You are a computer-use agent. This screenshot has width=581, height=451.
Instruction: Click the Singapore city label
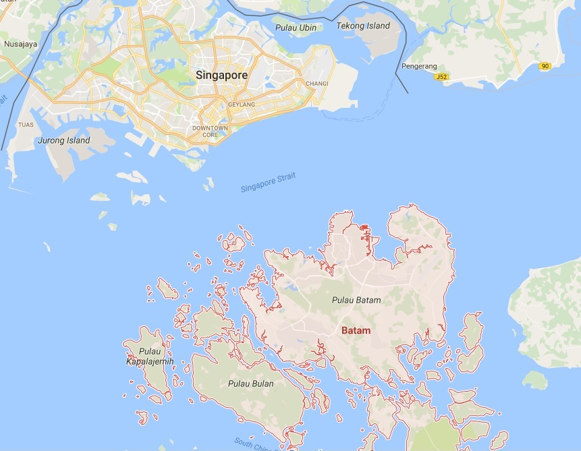pos(221,76)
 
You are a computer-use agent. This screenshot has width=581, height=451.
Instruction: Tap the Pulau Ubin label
pos(296,28)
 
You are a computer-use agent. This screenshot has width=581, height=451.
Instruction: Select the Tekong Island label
pos(363,26)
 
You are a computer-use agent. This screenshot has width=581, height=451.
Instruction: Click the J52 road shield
pos(442,77)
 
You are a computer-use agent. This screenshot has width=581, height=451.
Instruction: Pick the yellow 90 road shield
pos(545,66)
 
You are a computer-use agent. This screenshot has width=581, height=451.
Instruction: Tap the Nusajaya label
pos(20,44)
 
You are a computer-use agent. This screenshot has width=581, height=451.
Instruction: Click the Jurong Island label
pos(65,141)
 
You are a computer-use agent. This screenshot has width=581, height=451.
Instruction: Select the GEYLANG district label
pos(241,105)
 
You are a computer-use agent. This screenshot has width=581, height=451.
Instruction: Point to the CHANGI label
pos(316,84)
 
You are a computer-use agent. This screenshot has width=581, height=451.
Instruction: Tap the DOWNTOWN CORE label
pos(210,131)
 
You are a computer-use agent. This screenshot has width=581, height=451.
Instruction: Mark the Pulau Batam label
pos(356,300)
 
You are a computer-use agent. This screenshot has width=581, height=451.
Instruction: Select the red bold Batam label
pos(356,330)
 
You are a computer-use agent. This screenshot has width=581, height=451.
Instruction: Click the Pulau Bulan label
pos(250,384)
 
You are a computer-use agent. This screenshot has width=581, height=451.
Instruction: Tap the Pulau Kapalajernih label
pos(150,357)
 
